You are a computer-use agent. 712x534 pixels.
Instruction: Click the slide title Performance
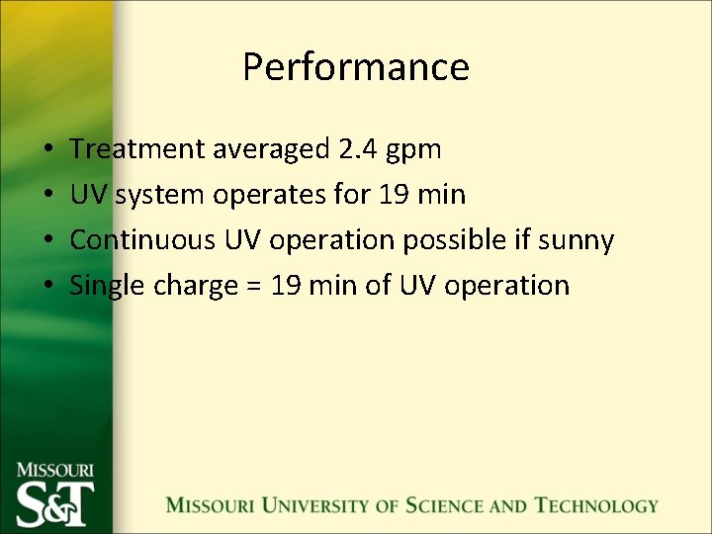(355, 67)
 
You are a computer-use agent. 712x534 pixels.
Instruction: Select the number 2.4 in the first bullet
(356, 149)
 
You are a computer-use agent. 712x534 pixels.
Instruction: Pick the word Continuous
(143, 240)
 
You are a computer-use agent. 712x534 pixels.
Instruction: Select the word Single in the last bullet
(105, 287)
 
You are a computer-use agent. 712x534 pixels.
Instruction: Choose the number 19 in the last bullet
(286, 286)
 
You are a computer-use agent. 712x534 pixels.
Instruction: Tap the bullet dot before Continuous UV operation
(48, 240)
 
